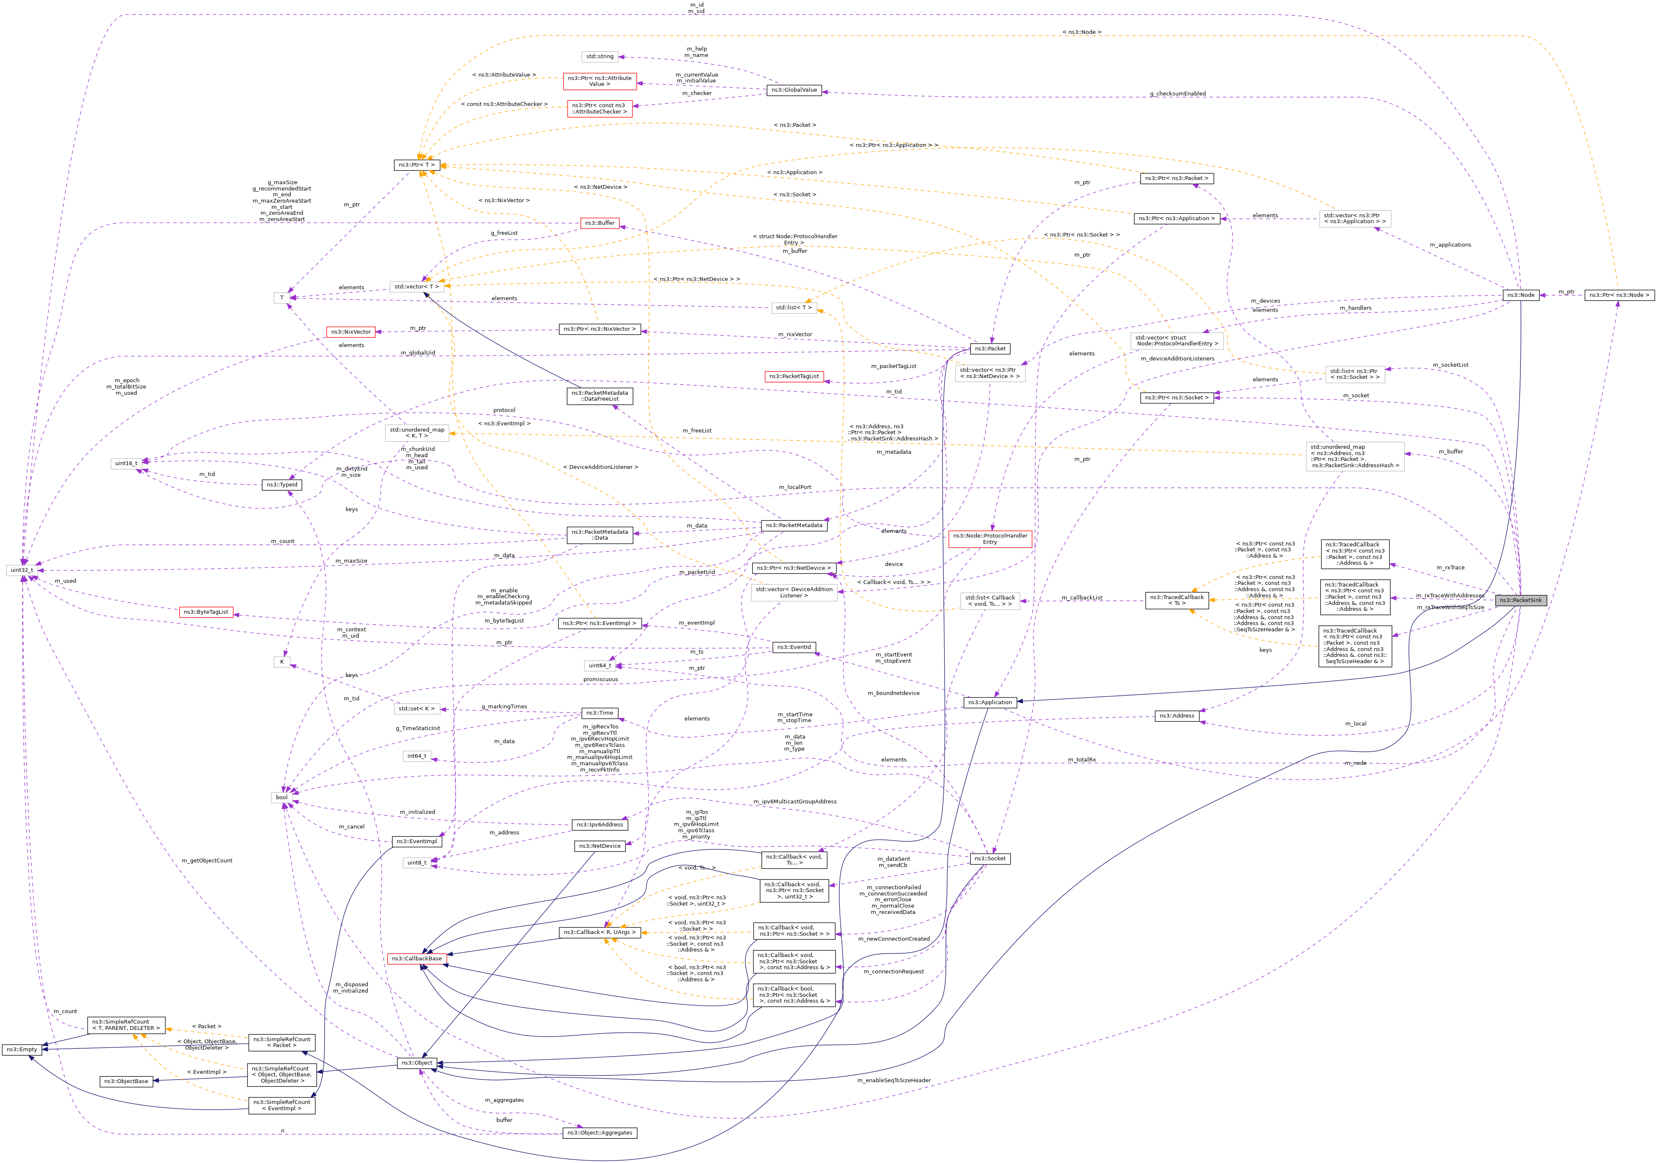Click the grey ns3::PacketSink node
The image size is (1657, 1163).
(x=1520, y=600)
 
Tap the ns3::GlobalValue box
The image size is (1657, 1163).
(x=793, y=90)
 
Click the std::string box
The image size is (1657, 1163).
(x=600, y=56)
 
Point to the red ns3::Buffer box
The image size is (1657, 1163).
(x=600, y=223)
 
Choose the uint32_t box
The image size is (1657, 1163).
(x=22, y=570)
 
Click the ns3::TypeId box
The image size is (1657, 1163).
(x=281, y=485)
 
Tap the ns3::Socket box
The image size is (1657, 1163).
(x=989, y=859)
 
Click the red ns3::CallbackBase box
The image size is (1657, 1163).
(x=416, y=959)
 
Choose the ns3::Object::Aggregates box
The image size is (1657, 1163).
(x=600, y=1133)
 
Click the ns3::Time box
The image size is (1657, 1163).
(x=600, y=713)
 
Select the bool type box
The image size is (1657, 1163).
(x=281, y=797)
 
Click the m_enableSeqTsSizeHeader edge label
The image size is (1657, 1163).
(x=893, y=1080)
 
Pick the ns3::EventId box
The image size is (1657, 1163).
(x=794, y=647)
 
